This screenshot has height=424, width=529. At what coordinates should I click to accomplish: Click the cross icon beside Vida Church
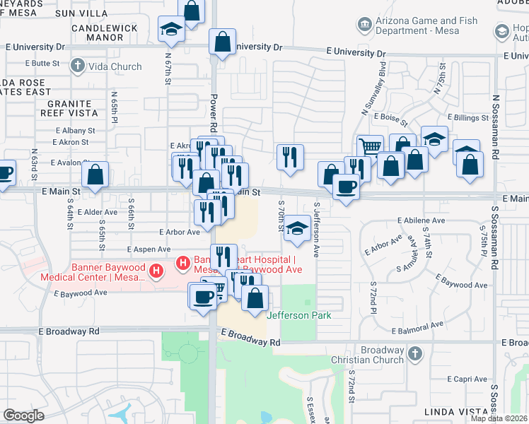click(x=79, y=66)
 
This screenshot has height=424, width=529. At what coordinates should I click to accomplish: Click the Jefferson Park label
click(x=298, y=315)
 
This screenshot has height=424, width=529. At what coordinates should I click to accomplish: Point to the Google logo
click(x=23, y=416)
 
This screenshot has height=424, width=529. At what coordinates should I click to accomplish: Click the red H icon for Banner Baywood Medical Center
click(x=183, y=265)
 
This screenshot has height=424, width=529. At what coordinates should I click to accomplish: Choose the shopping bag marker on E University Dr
click(x=222, y=41)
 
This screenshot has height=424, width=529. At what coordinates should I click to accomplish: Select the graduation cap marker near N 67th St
click(x=171, y=29)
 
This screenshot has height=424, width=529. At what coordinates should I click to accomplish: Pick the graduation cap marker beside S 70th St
click(x=298, y=228)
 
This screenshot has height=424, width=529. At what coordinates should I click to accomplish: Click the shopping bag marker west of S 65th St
click(x=95, y=175)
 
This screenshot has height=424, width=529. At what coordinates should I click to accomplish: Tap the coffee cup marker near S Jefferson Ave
click(x=346, y=187)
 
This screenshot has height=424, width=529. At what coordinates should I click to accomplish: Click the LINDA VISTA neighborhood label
click(x=453, y=411)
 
